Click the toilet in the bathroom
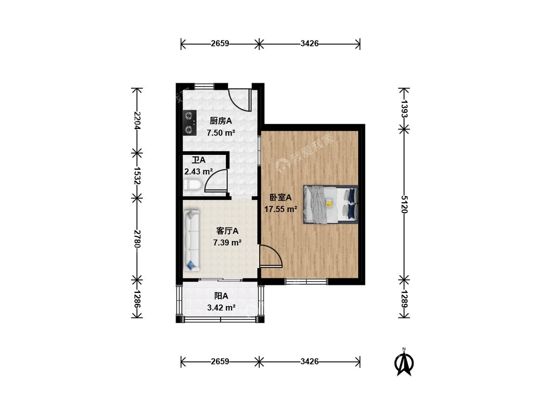tap(192, 185)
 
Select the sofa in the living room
tap(191, 241)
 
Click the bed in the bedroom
tap(330, 204)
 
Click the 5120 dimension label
tap(404, 204)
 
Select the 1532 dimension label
tap(137, 176)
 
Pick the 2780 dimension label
tap(137, 239)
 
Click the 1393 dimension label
tap(404, 109)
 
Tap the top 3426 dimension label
tap(310, 43)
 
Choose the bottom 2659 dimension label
tap(220, 361)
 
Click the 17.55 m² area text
tap(281, 209)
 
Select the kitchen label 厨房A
tap(221, 121)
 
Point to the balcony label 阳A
tap(221, 296)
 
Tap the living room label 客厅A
tap(227, 231)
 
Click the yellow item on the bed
tap(329, 203)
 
